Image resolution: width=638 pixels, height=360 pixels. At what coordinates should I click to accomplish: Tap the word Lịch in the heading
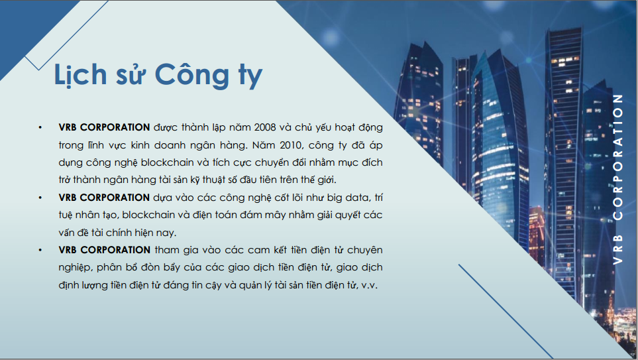click(80, 75)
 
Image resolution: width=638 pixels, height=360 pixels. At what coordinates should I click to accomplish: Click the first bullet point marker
click(41, 126)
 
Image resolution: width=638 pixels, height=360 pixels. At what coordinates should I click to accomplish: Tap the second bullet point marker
click(41, 198)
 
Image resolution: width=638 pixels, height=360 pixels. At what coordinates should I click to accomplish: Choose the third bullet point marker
click(41, 250)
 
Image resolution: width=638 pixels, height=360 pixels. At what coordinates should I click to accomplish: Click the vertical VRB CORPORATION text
click(618, 179)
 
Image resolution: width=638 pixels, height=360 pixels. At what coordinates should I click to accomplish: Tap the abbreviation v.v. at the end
click(369, 286)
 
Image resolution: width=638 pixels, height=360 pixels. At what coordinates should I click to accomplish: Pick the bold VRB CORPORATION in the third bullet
click(104, 250)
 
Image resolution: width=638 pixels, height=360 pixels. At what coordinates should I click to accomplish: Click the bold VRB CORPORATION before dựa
click(104, 198)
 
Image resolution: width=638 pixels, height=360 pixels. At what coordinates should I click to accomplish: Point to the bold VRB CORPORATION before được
click(104, 126)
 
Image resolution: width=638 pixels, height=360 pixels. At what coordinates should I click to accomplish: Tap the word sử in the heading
click(131, 76)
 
